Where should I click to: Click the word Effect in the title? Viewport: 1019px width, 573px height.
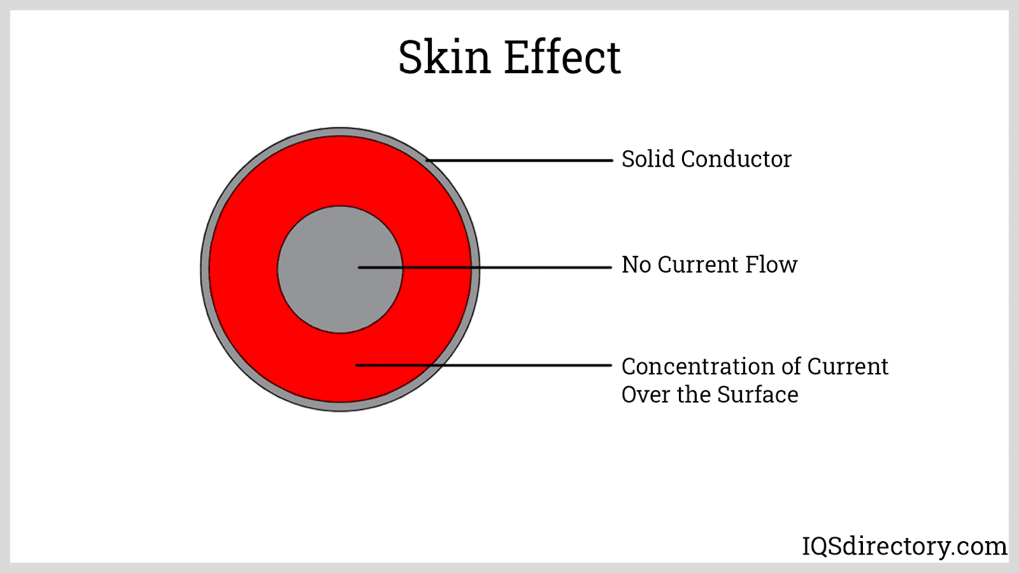point(562,57)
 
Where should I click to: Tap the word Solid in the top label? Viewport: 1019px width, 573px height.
point(648,159)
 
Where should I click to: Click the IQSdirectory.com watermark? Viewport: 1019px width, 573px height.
point(904,546)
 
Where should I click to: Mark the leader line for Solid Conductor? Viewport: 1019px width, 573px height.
point(519,160)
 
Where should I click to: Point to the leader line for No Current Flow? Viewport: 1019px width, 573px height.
point(509,267)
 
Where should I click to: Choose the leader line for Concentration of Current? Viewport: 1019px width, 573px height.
point(522,365)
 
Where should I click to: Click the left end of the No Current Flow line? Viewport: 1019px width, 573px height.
point(360,267)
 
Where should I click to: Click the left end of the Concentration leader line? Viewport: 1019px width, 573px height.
point(357,365)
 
